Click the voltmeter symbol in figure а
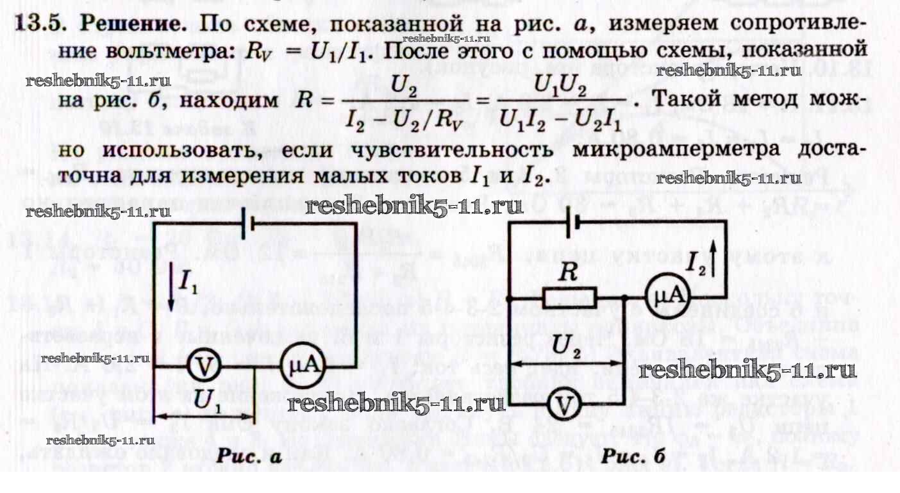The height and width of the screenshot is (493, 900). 204,367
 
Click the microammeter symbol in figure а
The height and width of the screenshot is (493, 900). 302,367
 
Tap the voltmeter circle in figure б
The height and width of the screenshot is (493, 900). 563,405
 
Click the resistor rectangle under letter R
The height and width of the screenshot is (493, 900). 569,298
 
